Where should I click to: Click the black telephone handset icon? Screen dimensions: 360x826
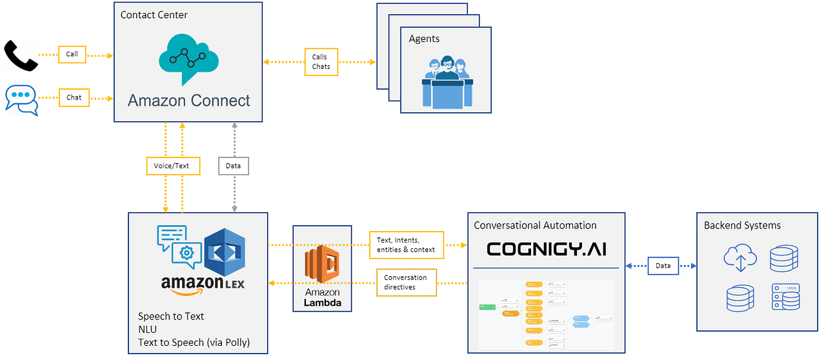click(20, 55)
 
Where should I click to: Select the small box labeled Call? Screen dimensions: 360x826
click(72, 54)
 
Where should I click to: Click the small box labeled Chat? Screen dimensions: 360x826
click(74, 97)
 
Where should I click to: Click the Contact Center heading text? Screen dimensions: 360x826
click(154, 15)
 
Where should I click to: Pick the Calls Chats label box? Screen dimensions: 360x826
click(321, 62)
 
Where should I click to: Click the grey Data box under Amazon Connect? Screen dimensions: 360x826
click(234, 166)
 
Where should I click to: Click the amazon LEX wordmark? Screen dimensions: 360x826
click(203, 284)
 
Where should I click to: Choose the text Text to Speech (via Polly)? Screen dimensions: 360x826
click(194, 342)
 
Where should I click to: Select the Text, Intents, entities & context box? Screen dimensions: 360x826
click(406, 245)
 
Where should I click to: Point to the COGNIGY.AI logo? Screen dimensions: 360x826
click(546, 249)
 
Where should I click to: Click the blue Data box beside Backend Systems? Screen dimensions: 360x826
click(663, 265)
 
